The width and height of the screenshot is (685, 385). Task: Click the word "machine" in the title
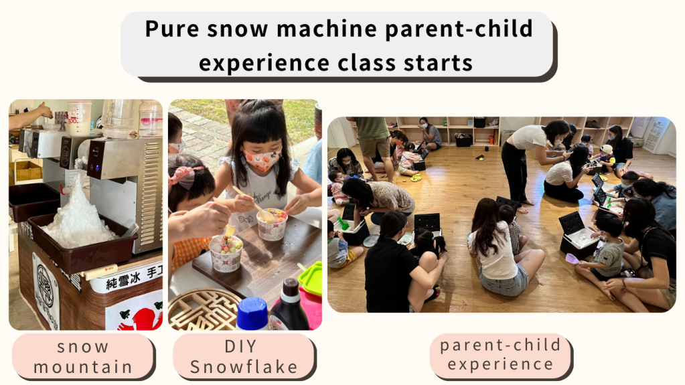327,29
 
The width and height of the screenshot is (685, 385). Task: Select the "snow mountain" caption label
83,357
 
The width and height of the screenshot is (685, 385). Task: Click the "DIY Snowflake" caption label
244,357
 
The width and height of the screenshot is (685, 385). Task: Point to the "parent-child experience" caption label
501,355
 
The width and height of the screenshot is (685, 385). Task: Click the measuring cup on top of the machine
80,118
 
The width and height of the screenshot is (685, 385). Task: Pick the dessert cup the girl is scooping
272,224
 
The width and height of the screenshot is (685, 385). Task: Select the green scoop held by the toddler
343,224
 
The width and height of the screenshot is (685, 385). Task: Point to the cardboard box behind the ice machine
27,171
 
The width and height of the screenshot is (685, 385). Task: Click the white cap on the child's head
607,149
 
